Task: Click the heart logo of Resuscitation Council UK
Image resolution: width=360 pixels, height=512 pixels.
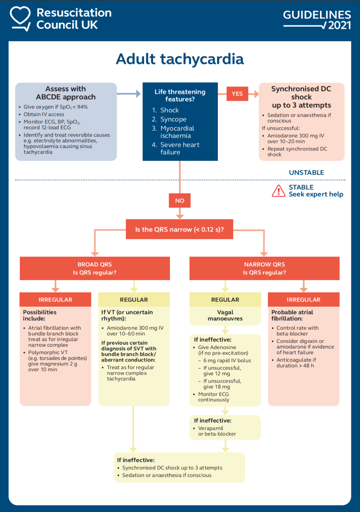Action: tap(20, 18)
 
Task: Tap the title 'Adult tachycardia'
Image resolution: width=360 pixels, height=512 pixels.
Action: tap(180, 59)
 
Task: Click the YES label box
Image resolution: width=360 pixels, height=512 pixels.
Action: tap(237, 94)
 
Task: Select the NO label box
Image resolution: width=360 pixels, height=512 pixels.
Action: tap(180, 200)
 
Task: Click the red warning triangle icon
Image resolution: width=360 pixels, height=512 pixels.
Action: tap(278, 191)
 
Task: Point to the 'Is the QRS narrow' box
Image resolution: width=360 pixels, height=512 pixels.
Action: tap(179, 229)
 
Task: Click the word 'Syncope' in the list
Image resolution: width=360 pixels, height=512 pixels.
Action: tap(173, 119)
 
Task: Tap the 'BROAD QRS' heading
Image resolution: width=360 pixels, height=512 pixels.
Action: tap(95, 265)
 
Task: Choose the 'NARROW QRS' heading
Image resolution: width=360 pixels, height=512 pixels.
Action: tap(264, 265)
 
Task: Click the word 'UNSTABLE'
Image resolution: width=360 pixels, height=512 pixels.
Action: tap(306, 173)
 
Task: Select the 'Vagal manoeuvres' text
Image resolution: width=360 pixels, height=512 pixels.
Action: tap(225, 315)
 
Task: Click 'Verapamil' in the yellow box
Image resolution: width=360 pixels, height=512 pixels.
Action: tap(210, 428)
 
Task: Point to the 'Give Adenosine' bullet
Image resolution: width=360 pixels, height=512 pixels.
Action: tap(217, 347)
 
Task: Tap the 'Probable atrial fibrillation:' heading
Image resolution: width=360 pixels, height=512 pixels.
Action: tap(292, 315)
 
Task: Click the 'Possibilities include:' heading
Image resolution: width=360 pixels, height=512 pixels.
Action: tap(40, 315)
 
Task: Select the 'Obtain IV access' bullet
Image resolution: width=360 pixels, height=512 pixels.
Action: tap(44, 114)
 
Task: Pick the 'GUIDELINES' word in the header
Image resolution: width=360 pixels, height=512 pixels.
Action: tap(317, 15)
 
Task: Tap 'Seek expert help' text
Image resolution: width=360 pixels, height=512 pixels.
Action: tap(316, 194)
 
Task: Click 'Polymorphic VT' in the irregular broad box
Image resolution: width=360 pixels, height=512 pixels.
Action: tap(48, 352)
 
